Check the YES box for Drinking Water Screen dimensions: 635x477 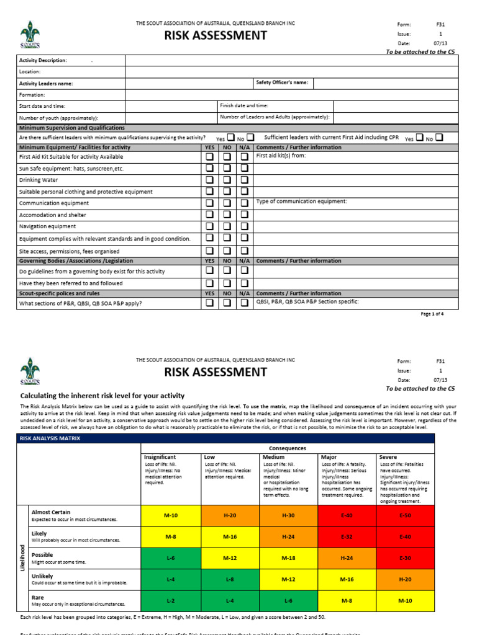[x=210, y=180]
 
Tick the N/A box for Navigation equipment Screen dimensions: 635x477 [x=245, y=226]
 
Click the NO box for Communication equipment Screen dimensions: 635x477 [x=227, y=203]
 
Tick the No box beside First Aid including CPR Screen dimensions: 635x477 [x=439, y=138]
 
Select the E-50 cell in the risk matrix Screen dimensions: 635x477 [x=406, y=515]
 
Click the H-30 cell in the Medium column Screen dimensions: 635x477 [x=288, y=515]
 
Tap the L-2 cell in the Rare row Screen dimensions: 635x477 [x=171, y=601]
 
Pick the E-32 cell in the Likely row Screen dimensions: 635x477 [x=347, y=536]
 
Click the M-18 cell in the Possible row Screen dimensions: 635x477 [x=288, y=558]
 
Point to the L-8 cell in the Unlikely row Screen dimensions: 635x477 [x=229, y=579]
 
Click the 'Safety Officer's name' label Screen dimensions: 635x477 [x=282, y=83]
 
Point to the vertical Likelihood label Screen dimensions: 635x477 [x=22, y=558]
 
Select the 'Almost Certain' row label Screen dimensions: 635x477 [x=51, y=512]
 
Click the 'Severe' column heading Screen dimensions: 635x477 [x=388, y=457]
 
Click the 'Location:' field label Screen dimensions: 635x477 [x=31, y=72]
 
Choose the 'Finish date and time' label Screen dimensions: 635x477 [x=243, y=106]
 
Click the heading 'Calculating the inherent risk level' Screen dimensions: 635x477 [x=102, y=396]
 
